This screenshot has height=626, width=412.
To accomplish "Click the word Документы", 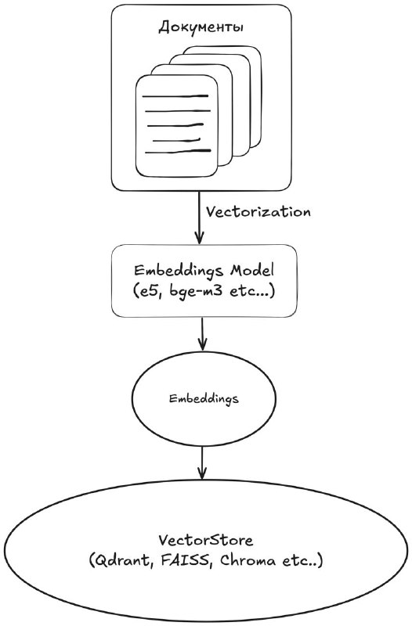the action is (x=201, y=28).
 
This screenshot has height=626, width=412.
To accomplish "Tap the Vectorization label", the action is (x=258, y=211).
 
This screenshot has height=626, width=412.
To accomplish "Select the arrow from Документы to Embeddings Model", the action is (x=199, y=218).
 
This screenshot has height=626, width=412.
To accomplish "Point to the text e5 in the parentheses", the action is (x=143, y=291).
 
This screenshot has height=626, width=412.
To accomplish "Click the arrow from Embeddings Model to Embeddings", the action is (x=202, y=333).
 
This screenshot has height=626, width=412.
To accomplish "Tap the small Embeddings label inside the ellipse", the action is (x=204, y=398).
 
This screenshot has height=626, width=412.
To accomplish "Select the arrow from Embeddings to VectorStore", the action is (x=202, y=462).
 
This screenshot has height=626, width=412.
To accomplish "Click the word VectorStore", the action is (x=206, y=540).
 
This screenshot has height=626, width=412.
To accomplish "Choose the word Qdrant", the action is (x=124, y=560).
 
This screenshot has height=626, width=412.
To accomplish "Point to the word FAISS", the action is (x=185, y=560).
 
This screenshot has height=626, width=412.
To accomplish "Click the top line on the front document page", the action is (x=175, y=96).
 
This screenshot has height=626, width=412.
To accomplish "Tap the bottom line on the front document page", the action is (x=178, y=151).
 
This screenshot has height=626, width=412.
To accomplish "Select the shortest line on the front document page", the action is (x=176, y=140).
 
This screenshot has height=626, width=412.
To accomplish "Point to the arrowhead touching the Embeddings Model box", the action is (x=199, y=239).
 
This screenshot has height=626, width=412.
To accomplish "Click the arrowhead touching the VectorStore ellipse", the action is (x=202, y=473).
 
